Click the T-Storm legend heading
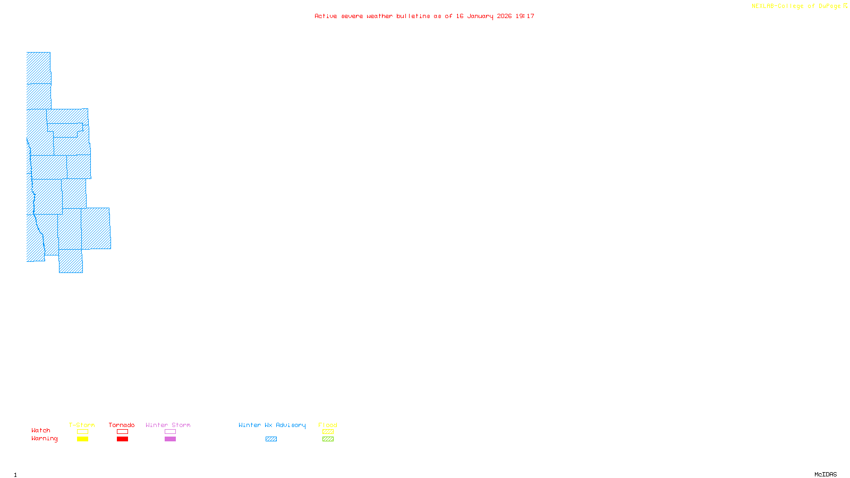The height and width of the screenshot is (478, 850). [82, 425]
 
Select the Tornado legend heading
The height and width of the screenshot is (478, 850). [122, 425]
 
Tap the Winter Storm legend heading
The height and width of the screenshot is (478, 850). [168, 425]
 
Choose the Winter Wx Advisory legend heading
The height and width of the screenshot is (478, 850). [272, 425]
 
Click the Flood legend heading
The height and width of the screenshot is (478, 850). [328, 425]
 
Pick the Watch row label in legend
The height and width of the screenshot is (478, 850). [41, 430]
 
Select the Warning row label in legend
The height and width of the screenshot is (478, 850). [45, 439]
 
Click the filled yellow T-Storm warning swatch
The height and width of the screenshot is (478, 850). [82, 439]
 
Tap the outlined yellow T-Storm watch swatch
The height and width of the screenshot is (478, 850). [82, 432]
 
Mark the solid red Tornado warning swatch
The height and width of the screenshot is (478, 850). [122, 439]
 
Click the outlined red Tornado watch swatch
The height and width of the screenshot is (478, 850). [122, 432]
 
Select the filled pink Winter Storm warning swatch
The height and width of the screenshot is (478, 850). [170, 439]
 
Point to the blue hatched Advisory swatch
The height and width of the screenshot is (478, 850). [271, 439]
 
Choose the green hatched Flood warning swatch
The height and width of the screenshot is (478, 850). [328, 439]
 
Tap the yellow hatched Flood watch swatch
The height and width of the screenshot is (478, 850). [328, 432]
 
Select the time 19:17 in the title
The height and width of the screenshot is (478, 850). [525, 16]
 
